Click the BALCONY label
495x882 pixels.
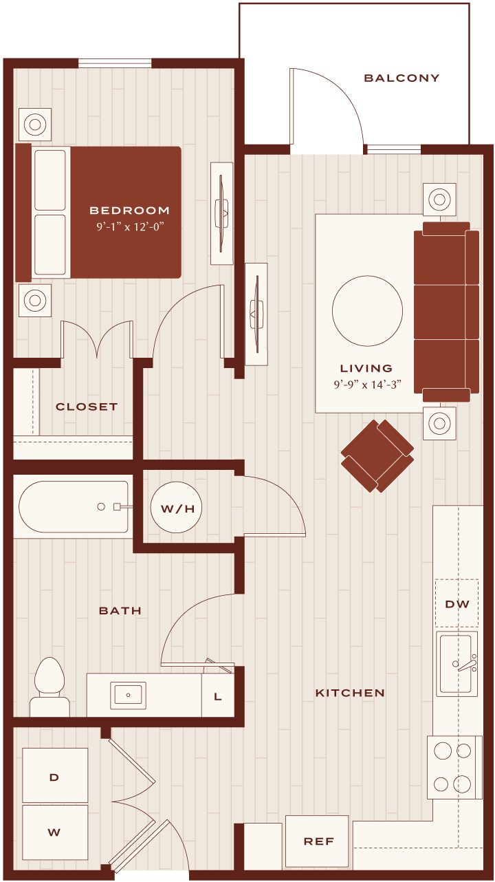(x=401, y=78)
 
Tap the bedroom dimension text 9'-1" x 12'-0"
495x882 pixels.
(x=130, y=227)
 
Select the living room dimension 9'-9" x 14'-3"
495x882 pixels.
(x=368, y=385)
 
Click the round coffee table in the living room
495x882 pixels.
(x=367, y=311)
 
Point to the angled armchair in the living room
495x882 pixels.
(x=377, y=455)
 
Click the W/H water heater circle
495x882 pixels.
(x=176, y=508)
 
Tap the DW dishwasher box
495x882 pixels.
(x=456, y=603)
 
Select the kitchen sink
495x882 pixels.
(x=456, y=663)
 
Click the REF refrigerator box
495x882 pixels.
(x=317, y=841)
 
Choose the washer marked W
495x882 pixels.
(x=55, y=832)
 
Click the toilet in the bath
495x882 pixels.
(x=49, y=687)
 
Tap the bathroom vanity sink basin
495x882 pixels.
(x=128, y=696)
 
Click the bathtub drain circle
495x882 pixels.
(x=101, y=507)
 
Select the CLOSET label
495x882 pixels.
(x=87, y=407)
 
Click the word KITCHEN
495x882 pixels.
(x=350, y=693)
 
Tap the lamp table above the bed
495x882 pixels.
(x=35, y=125)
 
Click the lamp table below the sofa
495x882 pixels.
(x=439, y=424)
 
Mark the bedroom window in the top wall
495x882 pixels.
(x=115, y=63)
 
